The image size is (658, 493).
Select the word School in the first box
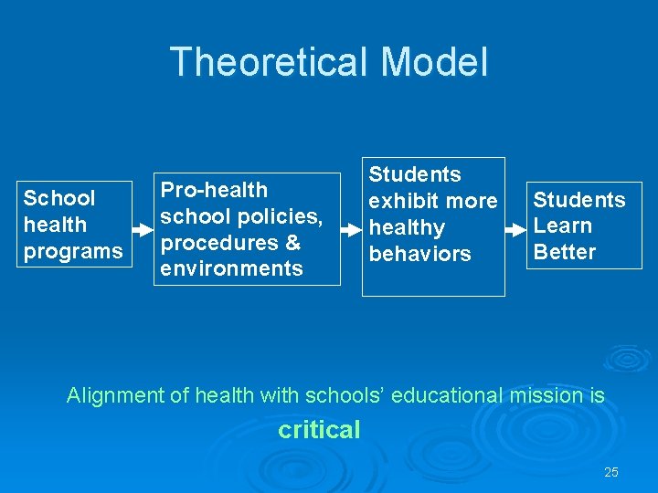pyautogui.click(x=59, y=198)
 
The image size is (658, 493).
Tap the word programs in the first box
pyautogui.click(x=73, y=251)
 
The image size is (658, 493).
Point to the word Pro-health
pyautogui.click(x=214, y=190)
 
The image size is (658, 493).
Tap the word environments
pyautogui.click(x=231, y=268)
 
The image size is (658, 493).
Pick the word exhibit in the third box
pyautogui.click(x=406, y=201)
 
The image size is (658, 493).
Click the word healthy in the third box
pyautogui.click(x=407, y=227)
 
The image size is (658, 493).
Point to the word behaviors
pyautogui.click(x=419, y=254)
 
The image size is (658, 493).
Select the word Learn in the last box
pyautogui.click(x=562, y=226)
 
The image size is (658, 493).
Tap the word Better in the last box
pyautogui.click(x=564, y=252)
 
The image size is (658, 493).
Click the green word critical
pyautogui.click(x=319, y=429)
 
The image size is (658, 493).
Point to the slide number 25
pyautogui.click(x=611, y=472)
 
